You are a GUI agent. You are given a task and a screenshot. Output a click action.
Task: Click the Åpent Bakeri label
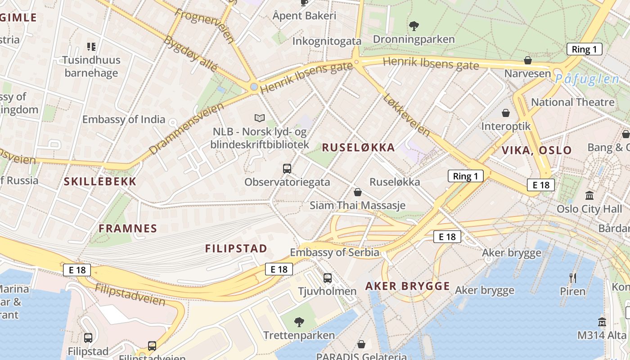(x=304, y=16)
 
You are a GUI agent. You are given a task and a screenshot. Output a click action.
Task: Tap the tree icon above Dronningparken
(x=414, y=26)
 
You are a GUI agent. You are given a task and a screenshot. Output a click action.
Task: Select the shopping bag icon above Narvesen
(x=528, y=60)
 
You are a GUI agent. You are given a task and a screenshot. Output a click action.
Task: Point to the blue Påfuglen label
(x=587, y=80)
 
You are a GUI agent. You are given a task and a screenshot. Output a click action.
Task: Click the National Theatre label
(x=572, y=102)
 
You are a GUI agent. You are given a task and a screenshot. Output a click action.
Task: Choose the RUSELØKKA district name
(x=358, y=147)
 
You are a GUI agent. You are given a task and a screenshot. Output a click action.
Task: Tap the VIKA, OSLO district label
(x=536, y=150)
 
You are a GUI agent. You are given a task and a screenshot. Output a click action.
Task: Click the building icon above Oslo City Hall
(x=589, y=195)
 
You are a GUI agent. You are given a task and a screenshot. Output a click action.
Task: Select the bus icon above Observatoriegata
(x=287, y=169)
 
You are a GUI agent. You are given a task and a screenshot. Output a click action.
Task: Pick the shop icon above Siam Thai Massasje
(x=358, y=192)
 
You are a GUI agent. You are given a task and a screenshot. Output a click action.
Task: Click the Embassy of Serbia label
(x=334, y=252)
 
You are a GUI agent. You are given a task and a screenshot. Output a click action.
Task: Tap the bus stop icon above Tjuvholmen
(x=328, y=278)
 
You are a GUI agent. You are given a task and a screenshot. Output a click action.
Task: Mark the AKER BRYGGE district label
(x=407, y=286)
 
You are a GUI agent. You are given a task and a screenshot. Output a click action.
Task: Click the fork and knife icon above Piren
(x=573, y=278)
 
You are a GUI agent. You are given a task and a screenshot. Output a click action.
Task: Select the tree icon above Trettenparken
(x=298, y=322)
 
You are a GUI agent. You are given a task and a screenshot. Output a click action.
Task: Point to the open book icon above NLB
(x=260, y=118)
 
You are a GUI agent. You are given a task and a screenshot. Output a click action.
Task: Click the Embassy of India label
(x=124, y=119)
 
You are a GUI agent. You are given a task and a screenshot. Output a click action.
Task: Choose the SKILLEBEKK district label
(x=100, y=182)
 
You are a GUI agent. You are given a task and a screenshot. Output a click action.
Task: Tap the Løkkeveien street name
(x=407, y=115)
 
